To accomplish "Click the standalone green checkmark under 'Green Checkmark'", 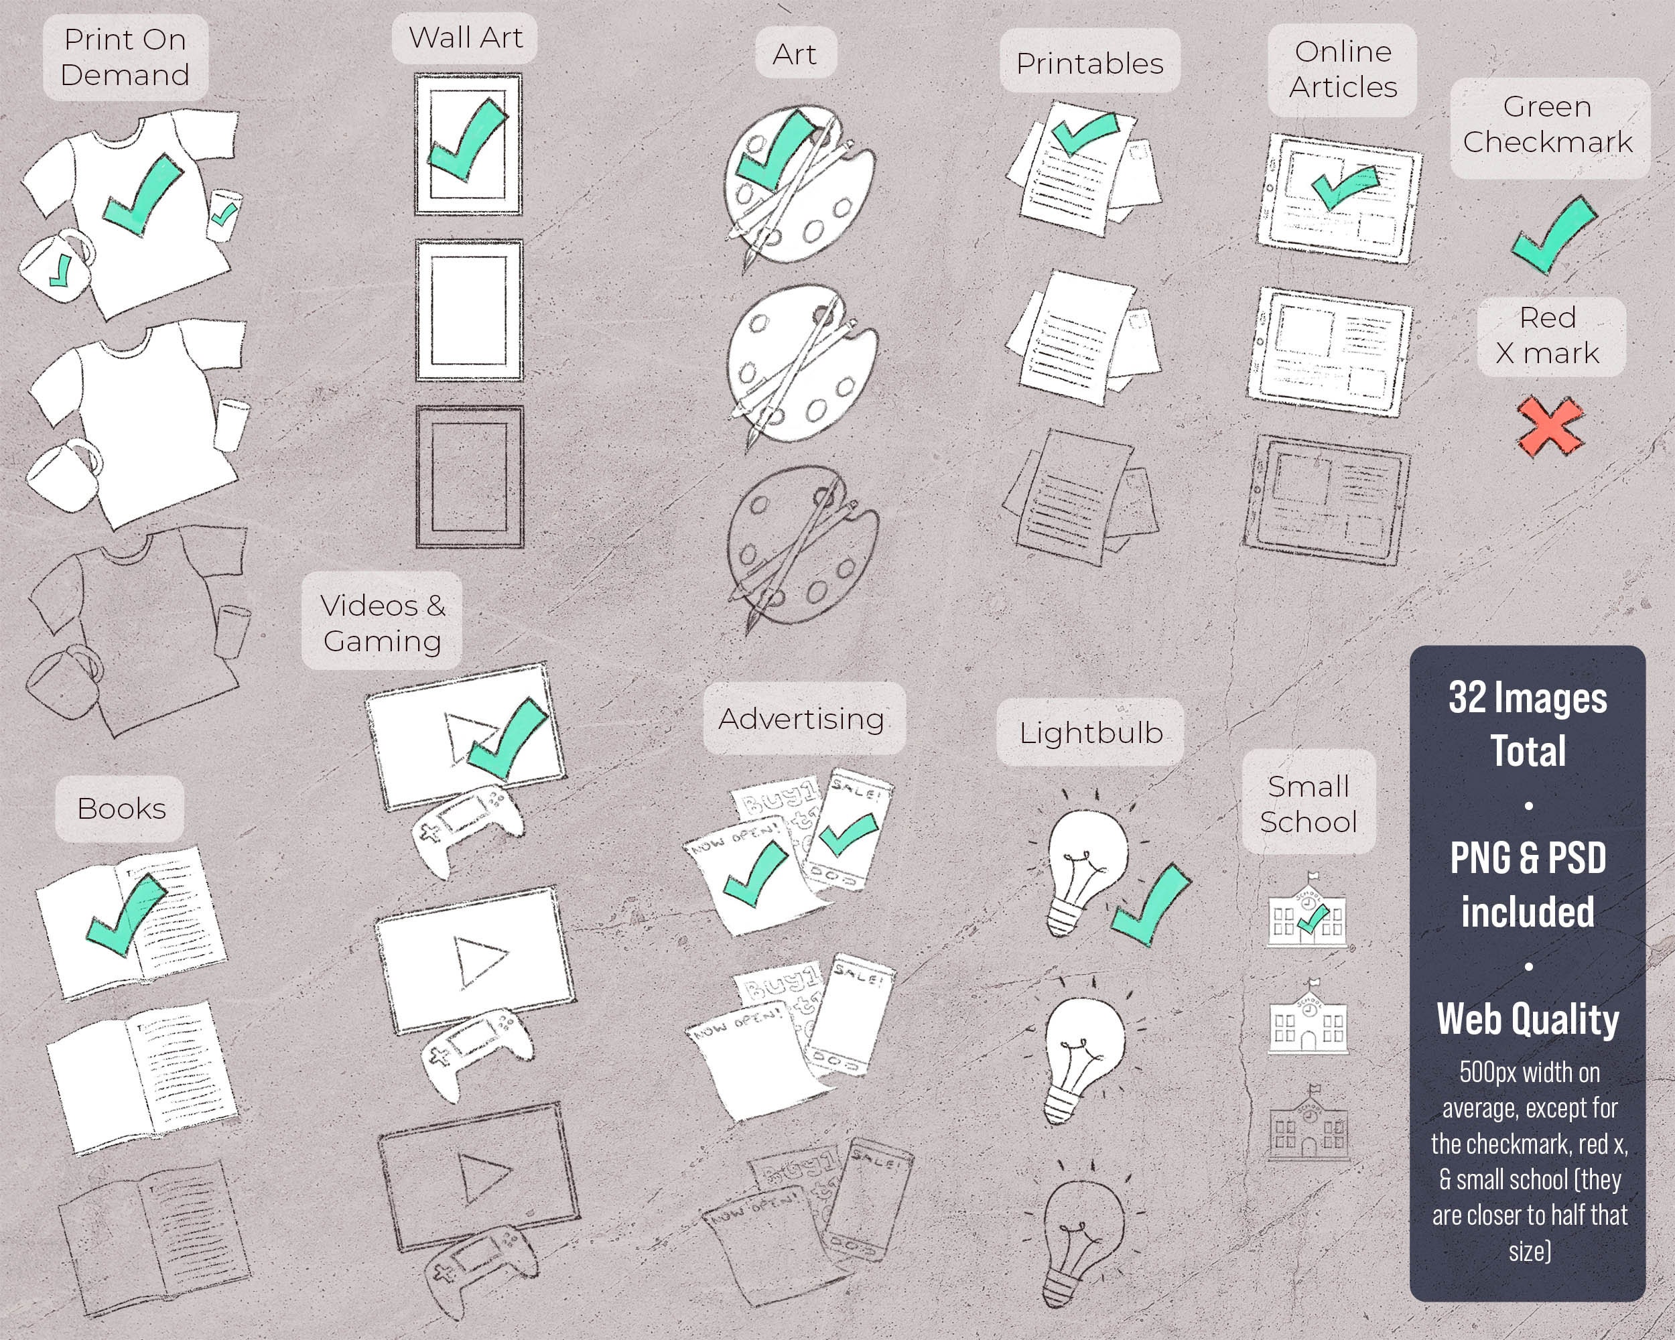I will tap(1553, 234).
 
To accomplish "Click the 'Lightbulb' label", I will tap(1090, 732).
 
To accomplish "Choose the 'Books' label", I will tap(121, 809).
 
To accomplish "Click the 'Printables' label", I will tap(1089, 63).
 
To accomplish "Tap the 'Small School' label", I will tap(1309, 803).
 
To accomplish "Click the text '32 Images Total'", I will tap(1528, 723).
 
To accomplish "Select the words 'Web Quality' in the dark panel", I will tap(1528, 1018).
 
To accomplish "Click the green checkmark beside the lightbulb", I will tap(1151, 905).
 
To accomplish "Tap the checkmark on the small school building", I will tap(1311, 921).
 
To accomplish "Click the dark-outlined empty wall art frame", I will tap(469, 477).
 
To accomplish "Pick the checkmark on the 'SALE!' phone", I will tap(849, 834).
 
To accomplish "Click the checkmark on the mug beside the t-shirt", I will tap(59, 270).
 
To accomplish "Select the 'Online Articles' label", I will tap(1343, 69).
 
